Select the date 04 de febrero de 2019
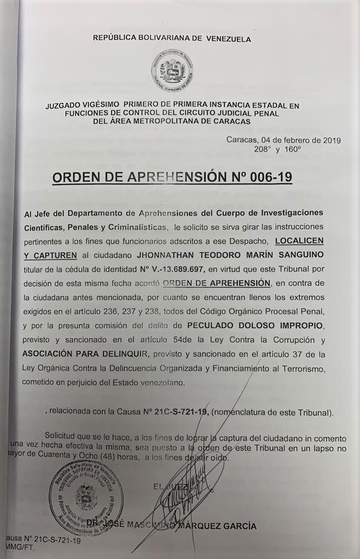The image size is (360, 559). pos(298,140)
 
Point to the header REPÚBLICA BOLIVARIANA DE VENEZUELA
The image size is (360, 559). pos(172,39)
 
